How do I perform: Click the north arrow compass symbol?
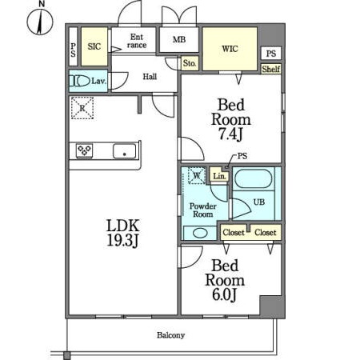40,22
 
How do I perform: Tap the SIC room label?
94,46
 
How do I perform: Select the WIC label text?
230,49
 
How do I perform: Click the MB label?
179,39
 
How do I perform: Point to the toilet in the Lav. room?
80,81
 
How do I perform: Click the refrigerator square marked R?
82,108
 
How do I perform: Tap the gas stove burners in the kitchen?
84,150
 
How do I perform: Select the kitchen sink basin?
124,151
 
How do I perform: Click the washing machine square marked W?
197,175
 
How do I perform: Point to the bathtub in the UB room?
254,178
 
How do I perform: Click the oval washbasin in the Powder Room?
200,233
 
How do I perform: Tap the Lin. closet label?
219,176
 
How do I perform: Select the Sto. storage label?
190,63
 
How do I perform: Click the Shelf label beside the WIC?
271,69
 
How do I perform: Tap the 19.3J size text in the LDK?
122,240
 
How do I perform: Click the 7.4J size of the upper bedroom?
230,134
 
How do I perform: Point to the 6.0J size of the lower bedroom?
224,294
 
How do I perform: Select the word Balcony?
170,335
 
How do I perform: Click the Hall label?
150,77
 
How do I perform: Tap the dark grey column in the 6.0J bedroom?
272,306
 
